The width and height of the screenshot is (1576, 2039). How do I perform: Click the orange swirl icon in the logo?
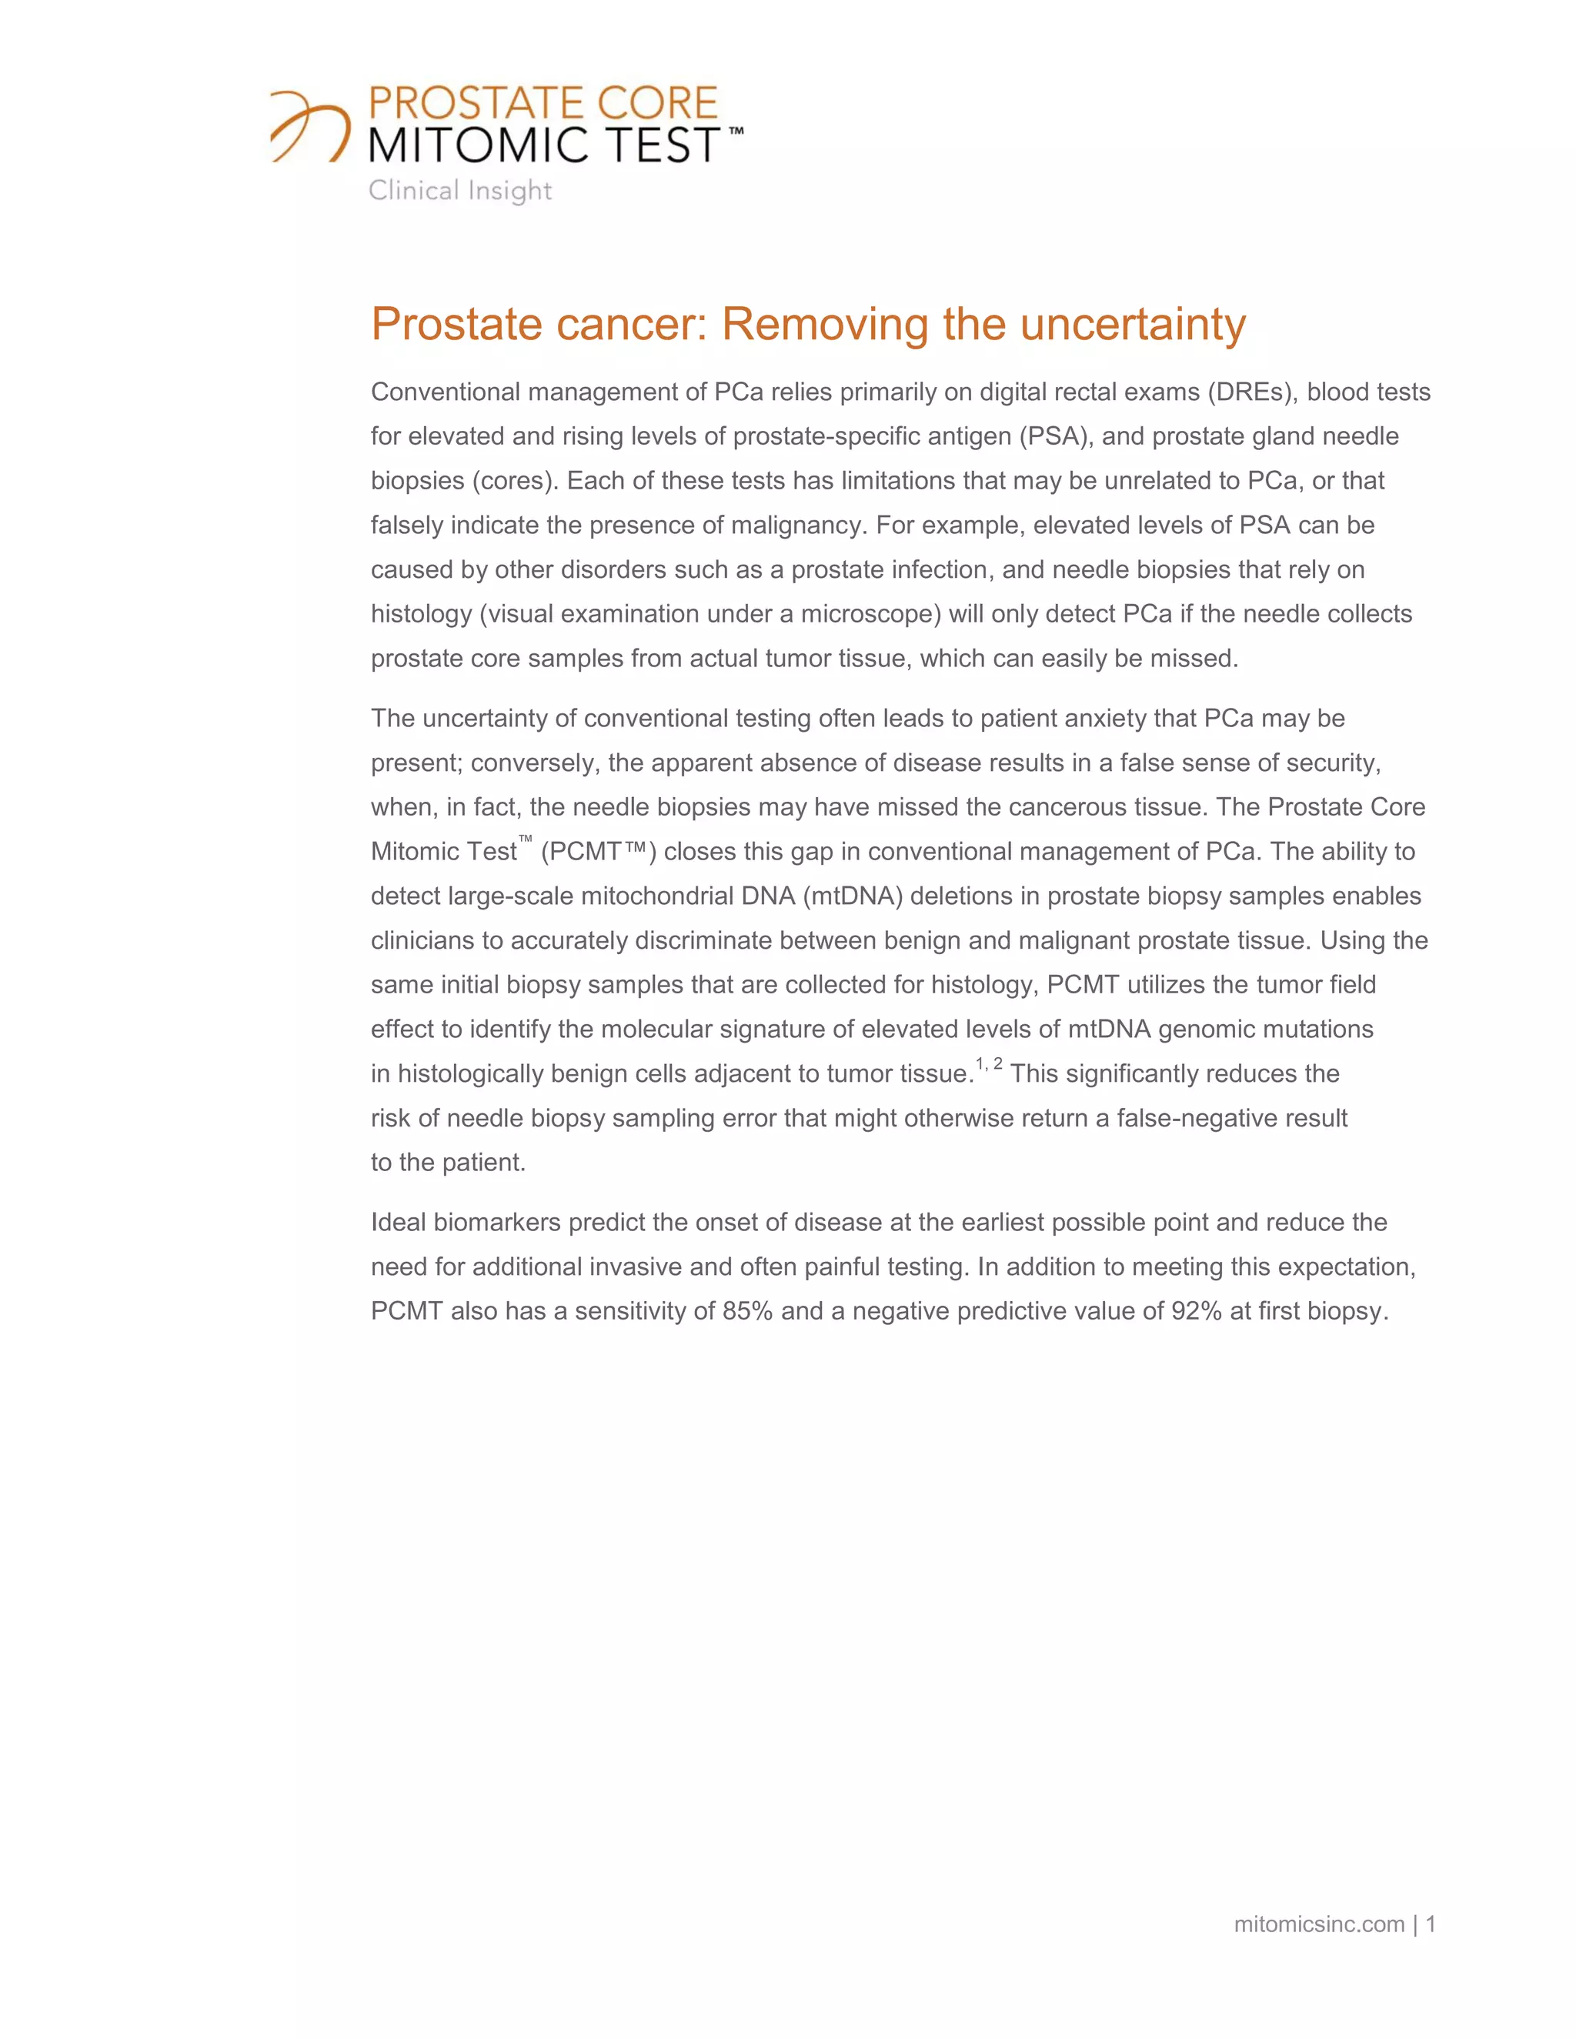click(x=310, y=127)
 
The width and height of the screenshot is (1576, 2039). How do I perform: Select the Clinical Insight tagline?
click(x=459, y=191)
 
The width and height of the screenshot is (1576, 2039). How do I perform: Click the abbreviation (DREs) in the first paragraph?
click(x=1251, y=392)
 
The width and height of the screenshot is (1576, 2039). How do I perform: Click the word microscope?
click(x=870, y=614)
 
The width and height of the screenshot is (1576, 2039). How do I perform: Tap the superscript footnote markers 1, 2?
click(x=989, y=1064)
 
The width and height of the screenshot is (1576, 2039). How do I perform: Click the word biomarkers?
click(x=496, y=1223)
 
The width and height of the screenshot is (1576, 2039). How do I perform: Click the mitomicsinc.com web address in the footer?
click(x=1318, y=1924)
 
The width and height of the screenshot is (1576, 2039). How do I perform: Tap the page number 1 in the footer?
click(x=1431, y=1924)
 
